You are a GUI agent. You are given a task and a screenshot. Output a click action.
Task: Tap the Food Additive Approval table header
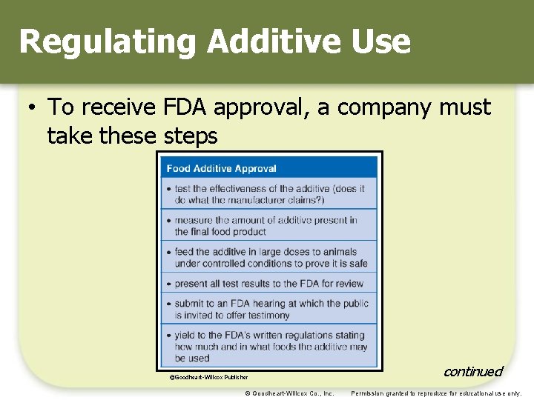tap(222, 169)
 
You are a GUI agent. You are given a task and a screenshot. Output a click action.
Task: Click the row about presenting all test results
tap(269, 283)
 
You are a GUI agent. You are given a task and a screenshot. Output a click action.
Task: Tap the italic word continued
tap(472, 371)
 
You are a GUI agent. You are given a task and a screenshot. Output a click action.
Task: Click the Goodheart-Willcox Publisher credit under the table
tap(209, 377)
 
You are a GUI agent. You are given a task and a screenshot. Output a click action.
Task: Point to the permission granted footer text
tap(436, 393)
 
